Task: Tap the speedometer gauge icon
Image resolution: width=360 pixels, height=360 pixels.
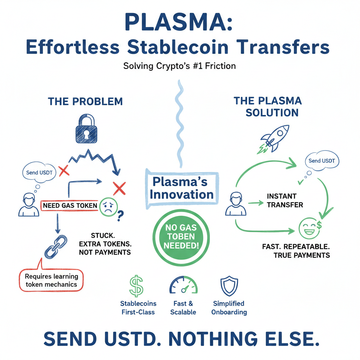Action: click(x=183, y=285)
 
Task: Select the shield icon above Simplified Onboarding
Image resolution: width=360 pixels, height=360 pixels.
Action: click(x=229, y=285)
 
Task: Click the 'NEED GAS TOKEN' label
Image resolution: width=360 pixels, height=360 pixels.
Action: click(x=70, y=205)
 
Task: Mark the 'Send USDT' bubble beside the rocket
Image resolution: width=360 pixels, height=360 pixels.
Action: click(x=321, y=161)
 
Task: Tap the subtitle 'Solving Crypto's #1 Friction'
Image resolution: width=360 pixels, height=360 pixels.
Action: click(x=179, y=66)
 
